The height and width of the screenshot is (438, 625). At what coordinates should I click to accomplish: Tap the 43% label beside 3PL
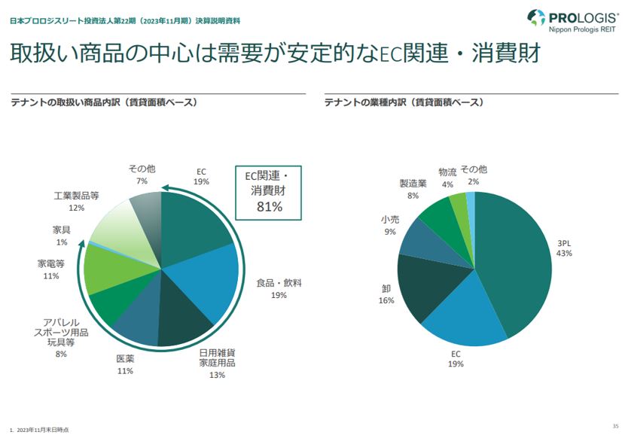click(x=564, y=254)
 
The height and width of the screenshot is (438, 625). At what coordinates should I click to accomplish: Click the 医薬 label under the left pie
click(x=125, y=359)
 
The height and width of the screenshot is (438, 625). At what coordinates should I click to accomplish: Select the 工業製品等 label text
click(x=76, y=196)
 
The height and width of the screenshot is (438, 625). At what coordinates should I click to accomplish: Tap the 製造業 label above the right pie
click(x=413, y=183)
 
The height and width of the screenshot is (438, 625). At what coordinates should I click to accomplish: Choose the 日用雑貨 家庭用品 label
click(x=217, y=357)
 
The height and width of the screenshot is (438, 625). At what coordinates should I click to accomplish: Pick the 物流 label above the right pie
click(x=447, y=172)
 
